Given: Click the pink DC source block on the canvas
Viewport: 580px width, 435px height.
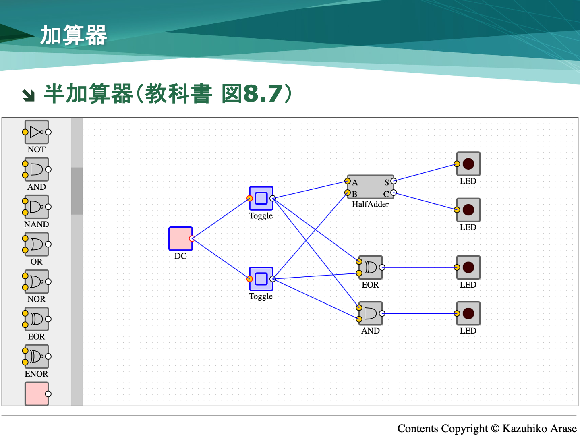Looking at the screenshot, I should click(x=180, y=238).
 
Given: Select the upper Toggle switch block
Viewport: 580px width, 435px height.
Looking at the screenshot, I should click(x=261, y=198).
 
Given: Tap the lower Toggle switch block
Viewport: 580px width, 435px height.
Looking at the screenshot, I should click(x=261, y=279).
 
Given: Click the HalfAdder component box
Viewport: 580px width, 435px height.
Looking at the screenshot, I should click(x=371, y=187).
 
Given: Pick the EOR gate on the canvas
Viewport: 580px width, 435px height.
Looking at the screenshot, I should click(x=371, y=267).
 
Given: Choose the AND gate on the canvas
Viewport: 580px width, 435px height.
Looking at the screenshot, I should click(x=371, y=313).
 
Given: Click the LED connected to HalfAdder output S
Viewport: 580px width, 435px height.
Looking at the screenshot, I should click(x=468, y=164).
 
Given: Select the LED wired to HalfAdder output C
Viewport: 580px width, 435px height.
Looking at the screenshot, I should click(x=468, y=210).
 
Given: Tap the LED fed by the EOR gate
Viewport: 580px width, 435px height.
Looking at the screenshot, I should click(x=468, y=267).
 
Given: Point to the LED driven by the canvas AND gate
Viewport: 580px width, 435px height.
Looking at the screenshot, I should click(x=468, y=313).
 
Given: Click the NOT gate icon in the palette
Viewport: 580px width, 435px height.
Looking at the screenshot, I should click(x=37, y=132).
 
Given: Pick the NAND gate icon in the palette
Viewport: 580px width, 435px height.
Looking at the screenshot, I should click(x=37, y=207).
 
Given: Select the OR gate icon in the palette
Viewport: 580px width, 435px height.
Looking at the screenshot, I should click(x=37, y=244).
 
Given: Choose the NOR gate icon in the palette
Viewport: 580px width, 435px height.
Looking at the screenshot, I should click(x=37, y=282).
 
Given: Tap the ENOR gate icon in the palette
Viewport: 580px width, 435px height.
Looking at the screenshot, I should click(x=37, y=357).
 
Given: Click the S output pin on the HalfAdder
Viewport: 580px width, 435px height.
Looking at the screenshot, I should click(x=394, y=181).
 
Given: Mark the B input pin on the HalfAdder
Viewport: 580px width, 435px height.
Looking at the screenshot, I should click(x=348, y=193).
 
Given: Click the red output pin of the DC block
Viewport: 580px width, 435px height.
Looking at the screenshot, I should click(x=192, y=238).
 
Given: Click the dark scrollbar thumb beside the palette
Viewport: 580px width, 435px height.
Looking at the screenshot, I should click(x=77, y=191).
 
